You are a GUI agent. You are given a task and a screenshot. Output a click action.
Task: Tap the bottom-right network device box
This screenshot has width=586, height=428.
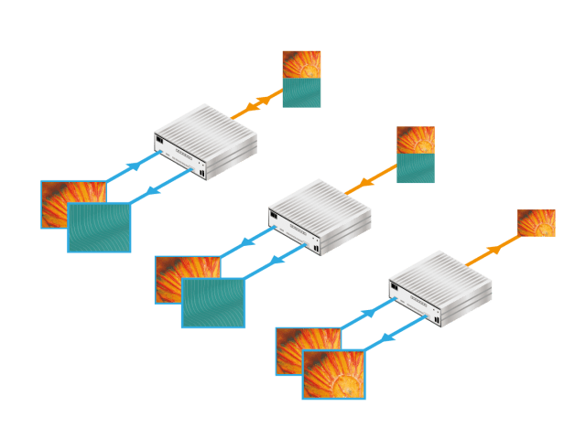(x=441, y=285)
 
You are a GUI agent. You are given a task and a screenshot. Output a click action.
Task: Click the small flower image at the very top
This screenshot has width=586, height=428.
(x=301, y=64)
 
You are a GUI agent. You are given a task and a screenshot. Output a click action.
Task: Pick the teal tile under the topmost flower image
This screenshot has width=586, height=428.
(x=301, y=93)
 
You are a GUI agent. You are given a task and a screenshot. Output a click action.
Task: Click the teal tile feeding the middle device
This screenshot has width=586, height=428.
(x=416, y=167)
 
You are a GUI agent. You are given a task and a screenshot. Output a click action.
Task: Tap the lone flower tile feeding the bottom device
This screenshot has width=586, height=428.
(x=537, y=223)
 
